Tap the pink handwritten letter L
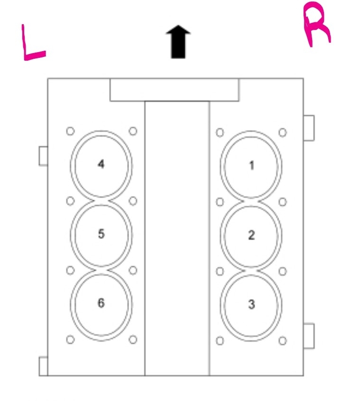tap(32, 46)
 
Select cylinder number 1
tap(252, 165)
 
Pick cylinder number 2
tap(252, 235)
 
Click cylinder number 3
tap(252, 304)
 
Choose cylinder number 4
tap(101, 165)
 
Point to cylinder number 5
tap(101, 234)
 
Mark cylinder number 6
tap(101, 303)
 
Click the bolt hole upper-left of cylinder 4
tap(70, 131)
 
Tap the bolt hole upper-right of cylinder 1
tap(283, 132)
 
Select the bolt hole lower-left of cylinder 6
tap(70, 339)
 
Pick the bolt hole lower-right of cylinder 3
tap(283, 340)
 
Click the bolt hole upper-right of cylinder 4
tap(133, 131)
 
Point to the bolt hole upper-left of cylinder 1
tap(220, 132)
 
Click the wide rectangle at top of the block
tap(175, 90)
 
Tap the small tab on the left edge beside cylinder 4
tap(43, 156)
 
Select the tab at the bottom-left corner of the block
tap(43, 366)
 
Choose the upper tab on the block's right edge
tap(308, 128)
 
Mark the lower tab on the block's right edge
tap(308, 336)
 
